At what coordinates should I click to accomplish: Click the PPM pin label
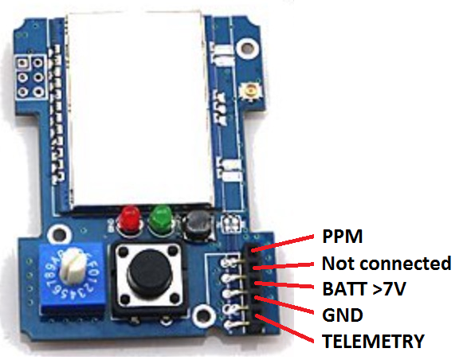(342, 237)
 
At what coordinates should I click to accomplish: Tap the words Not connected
(386, 263)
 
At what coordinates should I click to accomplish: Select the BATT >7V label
(364, 288)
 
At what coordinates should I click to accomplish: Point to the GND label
(343, 315)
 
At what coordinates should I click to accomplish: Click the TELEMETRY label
(373, 341)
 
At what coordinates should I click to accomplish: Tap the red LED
(129, 220)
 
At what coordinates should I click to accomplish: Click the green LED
(161, 220)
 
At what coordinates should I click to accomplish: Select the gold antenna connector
(251, 90)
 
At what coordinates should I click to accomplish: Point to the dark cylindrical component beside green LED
(197, 225)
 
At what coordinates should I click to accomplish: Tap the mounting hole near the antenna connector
(247, 47)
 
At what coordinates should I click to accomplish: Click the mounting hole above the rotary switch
(59, 235)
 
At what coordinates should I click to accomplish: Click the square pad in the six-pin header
(23, 63)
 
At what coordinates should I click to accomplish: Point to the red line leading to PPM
(282, 244)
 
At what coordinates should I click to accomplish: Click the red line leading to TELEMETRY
(284, 329)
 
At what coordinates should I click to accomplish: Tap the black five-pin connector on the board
(257, 288)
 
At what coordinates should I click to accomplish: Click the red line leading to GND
(284, 305)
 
